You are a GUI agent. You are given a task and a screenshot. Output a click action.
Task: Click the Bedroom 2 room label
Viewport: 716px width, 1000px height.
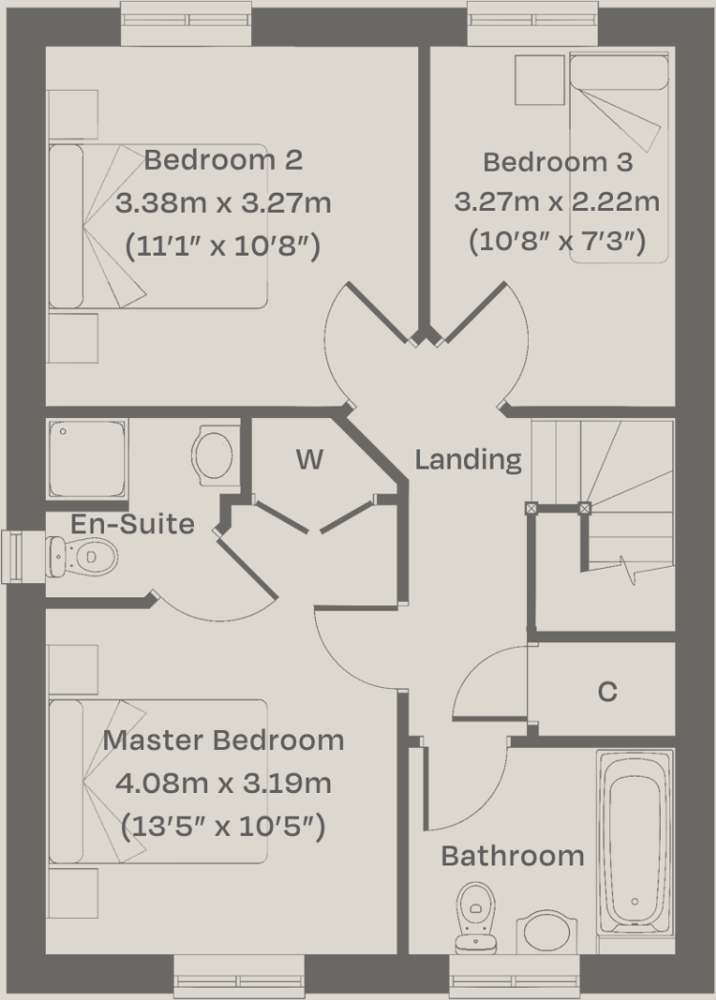pos(223,159)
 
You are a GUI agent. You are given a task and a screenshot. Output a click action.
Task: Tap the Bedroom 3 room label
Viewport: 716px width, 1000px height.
pos(558,162)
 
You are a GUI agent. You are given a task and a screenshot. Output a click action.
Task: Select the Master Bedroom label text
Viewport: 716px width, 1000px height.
pos(223,740)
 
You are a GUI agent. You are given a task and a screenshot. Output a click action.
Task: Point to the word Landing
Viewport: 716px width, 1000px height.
pos(468,460)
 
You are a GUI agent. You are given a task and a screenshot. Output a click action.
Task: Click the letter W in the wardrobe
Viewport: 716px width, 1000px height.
pos(308,460)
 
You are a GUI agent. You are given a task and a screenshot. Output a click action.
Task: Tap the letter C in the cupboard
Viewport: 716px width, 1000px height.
pos(607,692)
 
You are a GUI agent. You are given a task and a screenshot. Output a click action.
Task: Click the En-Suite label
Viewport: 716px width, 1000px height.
pos(133,524)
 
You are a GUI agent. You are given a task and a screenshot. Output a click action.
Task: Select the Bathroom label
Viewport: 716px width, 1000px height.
pos(512,856)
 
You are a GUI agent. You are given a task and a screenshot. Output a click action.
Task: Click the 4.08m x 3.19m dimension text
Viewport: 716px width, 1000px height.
pos(223,783)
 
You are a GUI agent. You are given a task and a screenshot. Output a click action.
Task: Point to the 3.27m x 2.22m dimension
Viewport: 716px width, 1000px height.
pos(558,202)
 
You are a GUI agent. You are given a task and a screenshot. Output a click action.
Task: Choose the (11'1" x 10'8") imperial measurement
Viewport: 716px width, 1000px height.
pos(223,246)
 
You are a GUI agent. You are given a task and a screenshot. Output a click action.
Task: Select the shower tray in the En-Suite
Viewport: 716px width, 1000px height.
pos(86,458)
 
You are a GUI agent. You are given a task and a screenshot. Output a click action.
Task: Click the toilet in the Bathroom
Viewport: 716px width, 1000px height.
pos(474,916)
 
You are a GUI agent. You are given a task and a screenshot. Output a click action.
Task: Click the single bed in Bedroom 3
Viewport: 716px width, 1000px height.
pos(619,162)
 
